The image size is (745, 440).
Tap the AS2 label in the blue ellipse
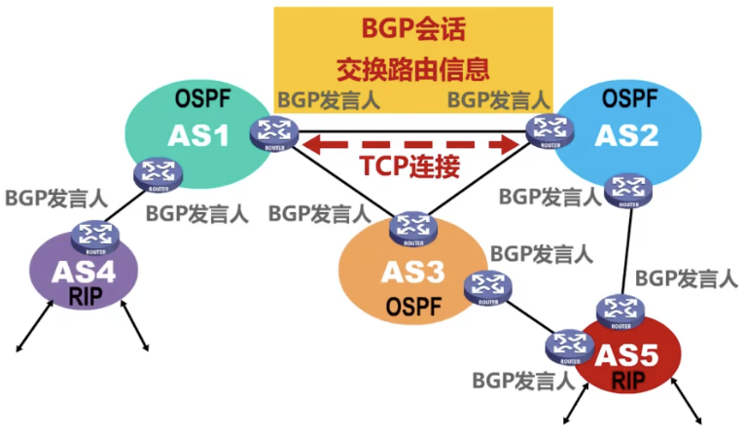tap(627, 134)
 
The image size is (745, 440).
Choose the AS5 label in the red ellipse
tap(628, 354)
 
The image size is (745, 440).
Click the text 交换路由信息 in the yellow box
tap(411, 69)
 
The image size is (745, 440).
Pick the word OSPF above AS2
tap(630, 97)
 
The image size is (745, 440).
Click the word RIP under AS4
tap(87, 296)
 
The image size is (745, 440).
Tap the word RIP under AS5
tap(628, 381)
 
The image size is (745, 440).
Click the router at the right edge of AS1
tap(266, 131)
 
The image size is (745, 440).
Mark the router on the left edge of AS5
tap(568, 346)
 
